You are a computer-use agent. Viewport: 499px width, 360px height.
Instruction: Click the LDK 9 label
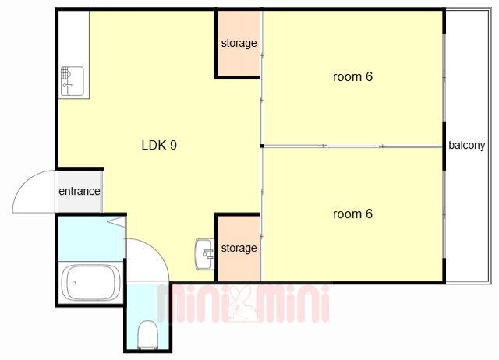tap(159, 146)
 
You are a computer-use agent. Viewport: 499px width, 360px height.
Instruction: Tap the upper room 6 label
tap(352, 77)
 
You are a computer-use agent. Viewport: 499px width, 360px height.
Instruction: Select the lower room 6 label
tap(352, 214)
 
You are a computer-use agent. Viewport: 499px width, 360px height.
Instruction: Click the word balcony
tap(467, 146)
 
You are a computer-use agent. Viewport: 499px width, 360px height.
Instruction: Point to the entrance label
tap(80, 191)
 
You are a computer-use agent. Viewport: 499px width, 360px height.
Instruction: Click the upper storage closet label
tap(239, 43)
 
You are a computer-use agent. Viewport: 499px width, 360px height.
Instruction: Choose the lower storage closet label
tap(239, 248)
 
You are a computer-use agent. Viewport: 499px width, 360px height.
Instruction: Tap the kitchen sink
tap(73, 81)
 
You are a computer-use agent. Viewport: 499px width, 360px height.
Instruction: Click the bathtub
tap(91, 283)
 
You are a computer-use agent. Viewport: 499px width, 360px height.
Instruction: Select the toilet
tap(147, 334)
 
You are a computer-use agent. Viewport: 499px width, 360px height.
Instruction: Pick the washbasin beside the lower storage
tap(205, 254)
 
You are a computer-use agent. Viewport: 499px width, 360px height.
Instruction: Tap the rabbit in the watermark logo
tap(243, 304)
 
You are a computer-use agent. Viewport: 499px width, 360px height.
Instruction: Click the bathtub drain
tap(74, 283)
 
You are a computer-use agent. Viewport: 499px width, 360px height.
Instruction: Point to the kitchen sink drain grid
tap(65, 72)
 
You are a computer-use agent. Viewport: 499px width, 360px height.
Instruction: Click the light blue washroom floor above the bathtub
tap(91, 239)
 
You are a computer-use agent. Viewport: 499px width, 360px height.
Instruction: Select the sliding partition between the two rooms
tap(352, 146)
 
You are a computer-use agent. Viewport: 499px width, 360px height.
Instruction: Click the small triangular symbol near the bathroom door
tap(116, 221)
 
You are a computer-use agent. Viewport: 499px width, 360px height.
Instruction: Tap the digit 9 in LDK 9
tap(173, 146)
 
